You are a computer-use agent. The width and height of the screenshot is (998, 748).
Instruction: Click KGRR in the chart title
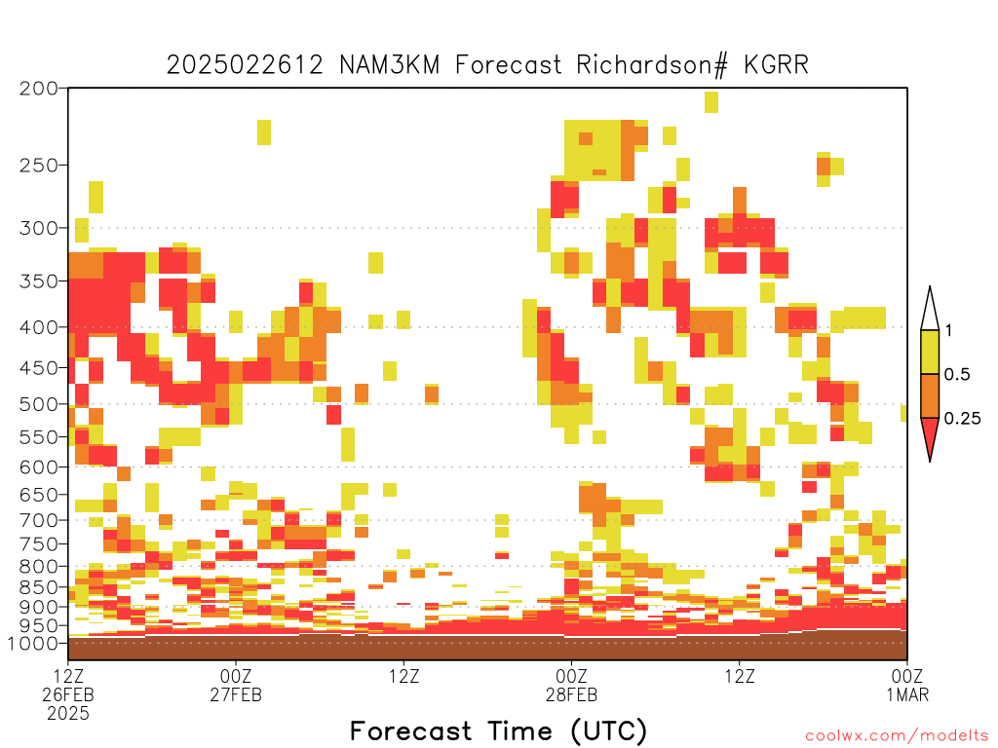pyautogui.click(x=777, y=65)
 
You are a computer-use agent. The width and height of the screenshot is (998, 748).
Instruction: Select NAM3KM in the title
pyautogui.click(x=390, y=65)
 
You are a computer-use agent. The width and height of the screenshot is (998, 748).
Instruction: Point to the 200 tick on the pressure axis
pyautogui.click(x=39, y=89)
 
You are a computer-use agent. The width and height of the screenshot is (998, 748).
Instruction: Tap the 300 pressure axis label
pyautogui.click(x=39, y=228)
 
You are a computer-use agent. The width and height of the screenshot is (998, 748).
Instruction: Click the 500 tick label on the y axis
pyautogui.click(x=39, y=404)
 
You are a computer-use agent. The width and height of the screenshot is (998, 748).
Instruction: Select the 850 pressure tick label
pyautogui.click(x=39, y=587)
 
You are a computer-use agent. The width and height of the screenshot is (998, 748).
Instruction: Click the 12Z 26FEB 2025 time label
pyautogui.click(x=68, y=694)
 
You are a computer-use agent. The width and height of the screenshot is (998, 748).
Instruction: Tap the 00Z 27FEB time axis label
pyautogui.click(x=236, y=686)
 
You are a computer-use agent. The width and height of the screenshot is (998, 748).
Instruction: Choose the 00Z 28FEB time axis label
pyautogui.click(x=571, y=686)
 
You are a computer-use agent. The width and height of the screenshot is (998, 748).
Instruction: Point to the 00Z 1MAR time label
pyautogui.click(x=907, y=686)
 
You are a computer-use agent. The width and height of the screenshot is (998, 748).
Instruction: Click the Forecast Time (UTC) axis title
pyautogui.click(x=498, y=730)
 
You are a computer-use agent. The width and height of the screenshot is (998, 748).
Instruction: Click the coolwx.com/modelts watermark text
pyautogui.click(x=898, y=736)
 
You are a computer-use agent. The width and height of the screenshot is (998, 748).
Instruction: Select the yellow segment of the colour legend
pyautogui.click(x=930, y=352)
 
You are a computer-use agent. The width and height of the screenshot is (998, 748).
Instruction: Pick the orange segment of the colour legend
pyautogui.click(x=930, y=395)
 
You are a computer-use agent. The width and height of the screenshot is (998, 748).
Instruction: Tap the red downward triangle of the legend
pyautogui.click(x=930, y=437)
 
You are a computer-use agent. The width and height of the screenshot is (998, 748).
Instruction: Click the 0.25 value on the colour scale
pyautogui.click(x=962, y=419)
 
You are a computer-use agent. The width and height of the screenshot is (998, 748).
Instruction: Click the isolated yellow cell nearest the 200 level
pyautogui.click(x=711, y=101)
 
